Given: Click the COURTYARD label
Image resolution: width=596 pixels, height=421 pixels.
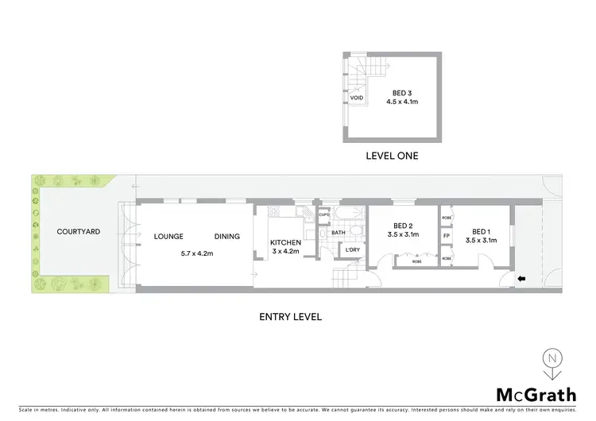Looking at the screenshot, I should point(78,232).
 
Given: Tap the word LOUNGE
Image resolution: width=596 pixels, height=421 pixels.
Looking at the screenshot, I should point(168,237).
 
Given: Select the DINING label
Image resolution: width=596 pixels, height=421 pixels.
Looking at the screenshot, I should point(227,237).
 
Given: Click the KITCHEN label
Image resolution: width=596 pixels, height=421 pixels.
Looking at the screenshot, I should point(284,242).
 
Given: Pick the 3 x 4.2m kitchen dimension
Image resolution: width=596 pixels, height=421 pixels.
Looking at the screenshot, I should point(284,253).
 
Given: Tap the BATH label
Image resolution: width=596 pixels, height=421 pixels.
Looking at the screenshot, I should point(338,233).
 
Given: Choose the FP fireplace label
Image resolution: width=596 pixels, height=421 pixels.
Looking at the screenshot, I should point(446,236).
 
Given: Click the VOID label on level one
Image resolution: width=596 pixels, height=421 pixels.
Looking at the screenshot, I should point(357,98).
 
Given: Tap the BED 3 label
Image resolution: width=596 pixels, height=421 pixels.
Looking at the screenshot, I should point(402,92).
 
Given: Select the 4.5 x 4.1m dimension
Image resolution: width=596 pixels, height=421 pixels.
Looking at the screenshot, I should point(402,102).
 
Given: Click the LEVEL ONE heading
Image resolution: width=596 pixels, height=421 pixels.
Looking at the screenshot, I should point(392,156).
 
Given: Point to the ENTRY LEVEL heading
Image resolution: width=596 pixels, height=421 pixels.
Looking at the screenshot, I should point(290,316).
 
